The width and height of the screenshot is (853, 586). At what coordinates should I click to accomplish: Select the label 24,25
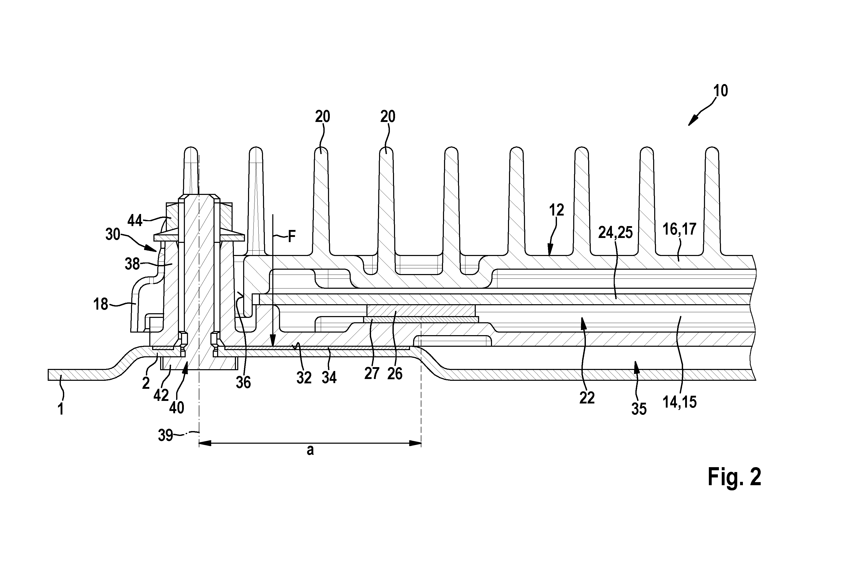coord(616,233)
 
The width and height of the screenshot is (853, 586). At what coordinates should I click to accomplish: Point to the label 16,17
coord(679,229)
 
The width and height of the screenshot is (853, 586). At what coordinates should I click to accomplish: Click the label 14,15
coord(680,402)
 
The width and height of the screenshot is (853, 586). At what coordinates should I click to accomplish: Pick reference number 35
coord(639,409)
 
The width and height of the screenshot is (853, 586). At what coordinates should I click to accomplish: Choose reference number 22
coord(587,398)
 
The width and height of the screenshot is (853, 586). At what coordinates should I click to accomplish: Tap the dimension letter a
coord(310,450)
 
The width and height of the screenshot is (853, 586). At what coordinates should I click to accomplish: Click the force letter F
coord(292,237)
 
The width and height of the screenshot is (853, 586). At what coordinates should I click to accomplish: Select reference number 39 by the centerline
coord(165,435)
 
